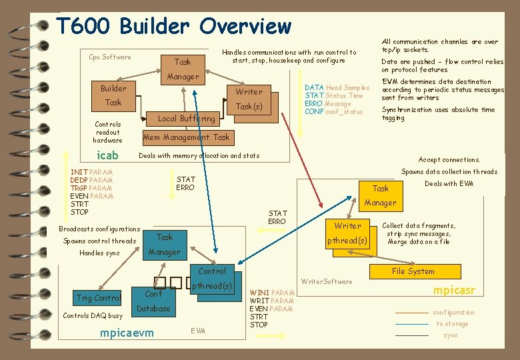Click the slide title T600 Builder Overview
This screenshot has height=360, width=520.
[x=174, y=26]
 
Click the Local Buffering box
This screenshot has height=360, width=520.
[x=186, y=119]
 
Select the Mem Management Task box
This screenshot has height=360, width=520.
[x=186, y=137]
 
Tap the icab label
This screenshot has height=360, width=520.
[x=107, y=156]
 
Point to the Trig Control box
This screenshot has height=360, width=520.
[x=99, y=298]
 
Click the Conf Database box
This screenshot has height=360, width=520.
[x=153, y=301]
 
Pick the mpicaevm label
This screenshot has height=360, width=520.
[x=126, y=333]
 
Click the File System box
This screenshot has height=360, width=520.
[x=413, y=271]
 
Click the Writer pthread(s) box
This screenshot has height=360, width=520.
[x=347, y=233]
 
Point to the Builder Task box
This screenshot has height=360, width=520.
[x=113, y=95]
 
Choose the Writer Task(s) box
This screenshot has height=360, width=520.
[x=249, y=99]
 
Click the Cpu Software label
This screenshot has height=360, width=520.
[x=110, y=57]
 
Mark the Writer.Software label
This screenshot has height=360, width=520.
[x=327, y=281]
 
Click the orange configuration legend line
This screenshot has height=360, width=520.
[x=411, y=313]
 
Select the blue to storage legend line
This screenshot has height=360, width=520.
[x=411, y=324]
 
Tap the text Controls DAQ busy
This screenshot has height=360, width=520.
[x=92, y=315]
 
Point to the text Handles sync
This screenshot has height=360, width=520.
[x=99, y=253]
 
